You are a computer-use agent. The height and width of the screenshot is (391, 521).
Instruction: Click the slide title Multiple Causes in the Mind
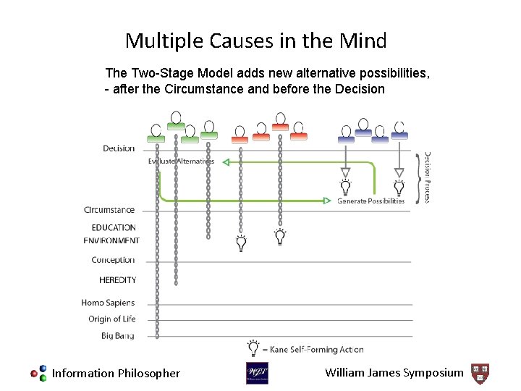[x=255, y=41]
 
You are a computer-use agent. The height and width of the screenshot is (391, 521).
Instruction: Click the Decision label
[x=119, y=148]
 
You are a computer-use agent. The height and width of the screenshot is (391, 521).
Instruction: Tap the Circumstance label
[x=109, y=210]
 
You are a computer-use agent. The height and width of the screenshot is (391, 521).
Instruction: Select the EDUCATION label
[x=114, y=227]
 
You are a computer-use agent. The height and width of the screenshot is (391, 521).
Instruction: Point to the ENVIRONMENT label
[x=111, y=240]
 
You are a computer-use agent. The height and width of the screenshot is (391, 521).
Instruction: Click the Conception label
[x=113, y=260]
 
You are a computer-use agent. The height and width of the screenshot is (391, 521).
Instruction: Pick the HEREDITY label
[x=117, y=279]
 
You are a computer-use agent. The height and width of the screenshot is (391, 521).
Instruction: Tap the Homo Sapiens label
[x=108, y=303]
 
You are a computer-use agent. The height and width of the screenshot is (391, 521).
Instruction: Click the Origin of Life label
[x=111, y=319]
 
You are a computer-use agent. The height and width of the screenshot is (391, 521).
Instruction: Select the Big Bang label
[x=117, y=336]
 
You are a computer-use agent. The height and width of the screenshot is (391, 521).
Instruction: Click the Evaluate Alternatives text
[x=181, y=161]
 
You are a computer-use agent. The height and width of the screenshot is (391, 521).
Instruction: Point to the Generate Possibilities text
[x=370, y=201]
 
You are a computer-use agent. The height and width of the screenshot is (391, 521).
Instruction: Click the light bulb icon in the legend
[x=253, y=348]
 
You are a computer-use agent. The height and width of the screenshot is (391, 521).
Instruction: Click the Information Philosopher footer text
[x=116, y=374]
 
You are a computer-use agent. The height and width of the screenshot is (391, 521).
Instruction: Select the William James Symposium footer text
[x=394, y=373]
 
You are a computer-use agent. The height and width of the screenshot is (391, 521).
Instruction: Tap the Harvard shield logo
[x=480, y=373]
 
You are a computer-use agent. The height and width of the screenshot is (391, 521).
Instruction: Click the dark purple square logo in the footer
[x=257, y=373]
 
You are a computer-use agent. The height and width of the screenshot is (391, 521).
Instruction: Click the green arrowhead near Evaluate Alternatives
[x=225, y=161]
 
